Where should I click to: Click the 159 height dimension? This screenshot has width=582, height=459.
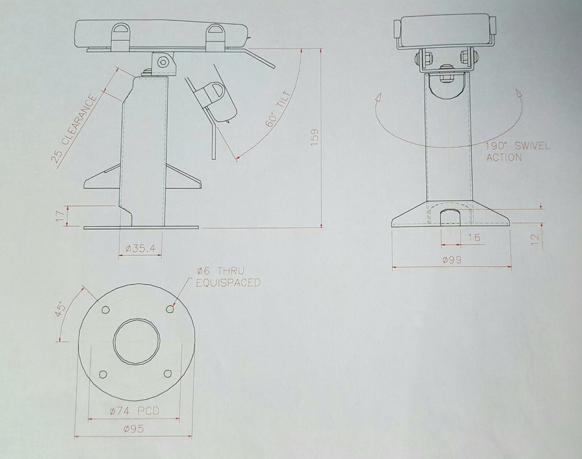[x=315, y=137]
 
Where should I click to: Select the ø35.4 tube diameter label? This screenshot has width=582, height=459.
[x=141, y=248]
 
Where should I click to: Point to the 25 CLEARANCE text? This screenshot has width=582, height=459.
[x=74, y=129]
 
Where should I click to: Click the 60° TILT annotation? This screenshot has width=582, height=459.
[x=278, y=109]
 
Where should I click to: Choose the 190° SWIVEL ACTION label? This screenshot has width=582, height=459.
[x=518, y=151]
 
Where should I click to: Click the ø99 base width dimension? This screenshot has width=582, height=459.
[x=452, y=260]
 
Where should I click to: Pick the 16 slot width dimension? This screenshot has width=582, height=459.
[x=473, y=237]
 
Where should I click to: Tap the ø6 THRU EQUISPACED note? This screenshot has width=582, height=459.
[x=228, y=277]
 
